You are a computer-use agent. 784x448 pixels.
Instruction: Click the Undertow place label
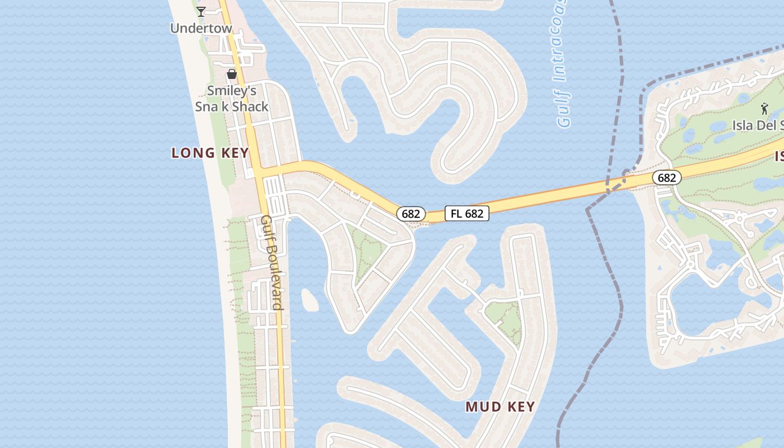click(201, 28)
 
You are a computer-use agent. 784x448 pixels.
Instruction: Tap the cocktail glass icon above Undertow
click(201, 11)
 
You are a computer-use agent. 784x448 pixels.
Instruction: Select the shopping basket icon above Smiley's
click(232, 73)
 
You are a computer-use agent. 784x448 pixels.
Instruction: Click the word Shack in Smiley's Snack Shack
click(251, 106)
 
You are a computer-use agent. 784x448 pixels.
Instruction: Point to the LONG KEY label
click(210, 153)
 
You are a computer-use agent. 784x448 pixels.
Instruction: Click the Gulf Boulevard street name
click(272, 262)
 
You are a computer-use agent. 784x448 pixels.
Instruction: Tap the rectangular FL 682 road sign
click(467, 213)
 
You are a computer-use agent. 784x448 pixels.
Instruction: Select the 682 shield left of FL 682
click(411, 214)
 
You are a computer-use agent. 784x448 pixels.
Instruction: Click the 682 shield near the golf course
click(666, 178)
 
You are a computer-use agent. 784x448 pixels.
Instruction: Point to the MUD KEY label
click(500, 407)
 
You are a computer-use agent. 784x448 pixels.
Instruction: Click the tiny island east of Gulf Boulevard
click(309, 300)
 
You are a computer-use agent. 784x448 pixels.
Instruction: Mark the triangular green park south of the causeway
click(367, 252)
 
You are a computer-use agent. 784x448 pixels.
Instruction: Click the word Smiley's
click(232, 90)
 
